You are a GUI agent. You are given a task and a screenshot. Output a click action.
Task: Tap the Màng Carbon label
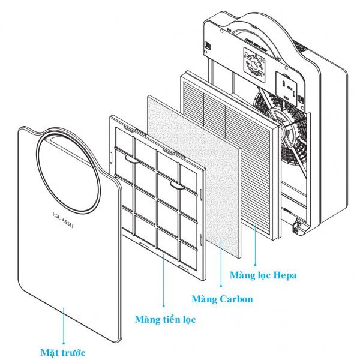pyautogui.click(x=222, y=298)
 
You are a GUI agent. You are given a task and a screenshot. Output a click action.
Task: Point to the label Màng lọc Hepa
pyautogui.click(x=263, y=275)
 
